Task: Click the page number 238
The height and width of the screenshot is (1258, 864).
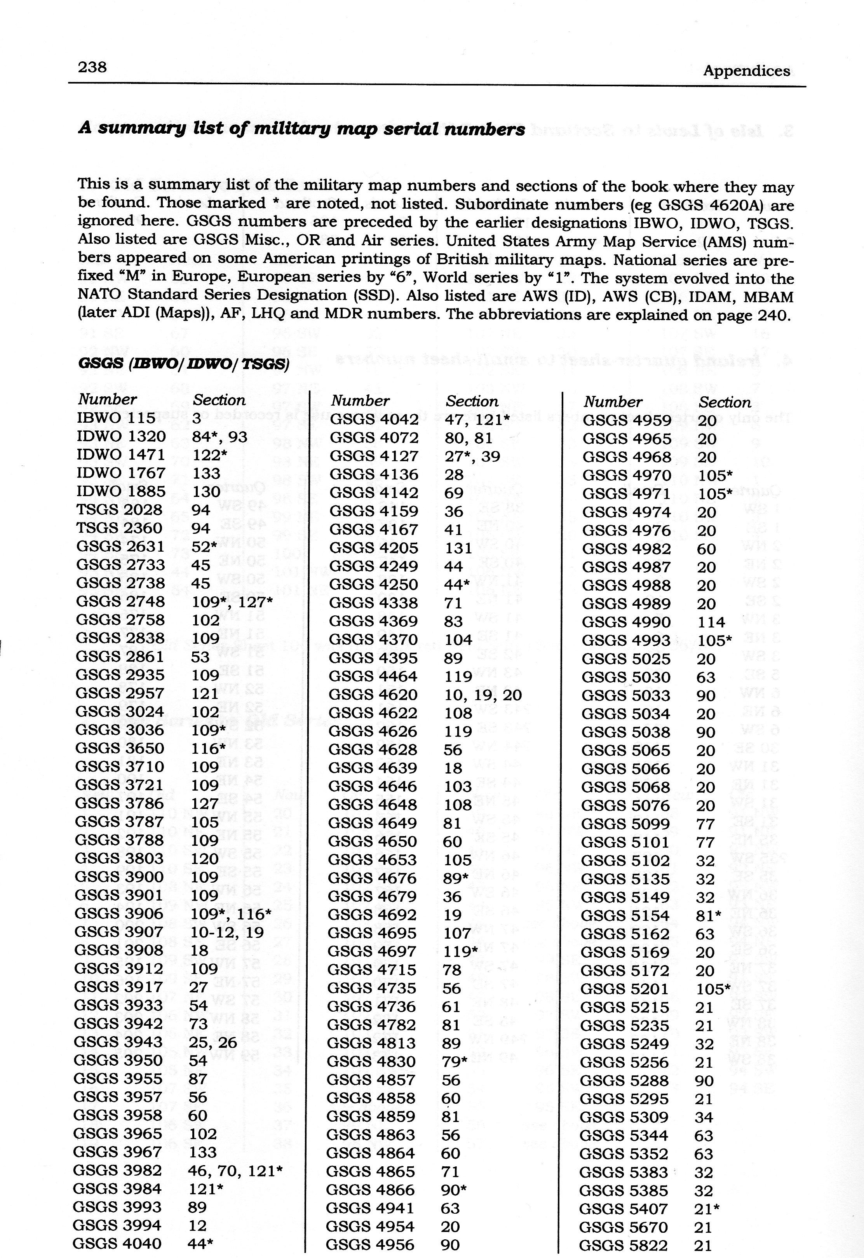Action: pyautogui.click(x=92, y=67)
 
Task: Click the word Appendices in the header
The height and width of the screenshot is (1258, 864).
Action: pyautogui.click(x=746, y=71)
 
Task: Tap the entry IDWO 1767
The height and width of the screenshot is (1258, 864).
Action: pyautogui.click(x=121, y=473)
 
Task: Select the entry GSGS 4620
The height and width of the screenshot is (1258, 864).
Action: pyautogui.click(x=374, y=695)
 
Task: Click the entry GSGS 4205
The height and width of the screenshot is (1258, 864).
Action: pyautogui.click(x=374, y=548)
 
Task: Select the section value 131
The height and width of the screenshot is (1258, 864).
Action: pyautogui.click(x=458, y=548)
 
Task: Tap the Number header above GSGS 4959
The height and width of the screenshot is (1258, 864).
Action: pyautogui.click(x=613, y=402)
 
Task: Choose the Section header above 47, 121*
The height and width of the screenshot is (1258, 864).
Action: pyautogui.click(x=472, y=401)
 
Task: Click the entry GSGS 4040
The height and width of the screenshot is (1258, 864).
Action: pyautogui.click(x=117, y=1243)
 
